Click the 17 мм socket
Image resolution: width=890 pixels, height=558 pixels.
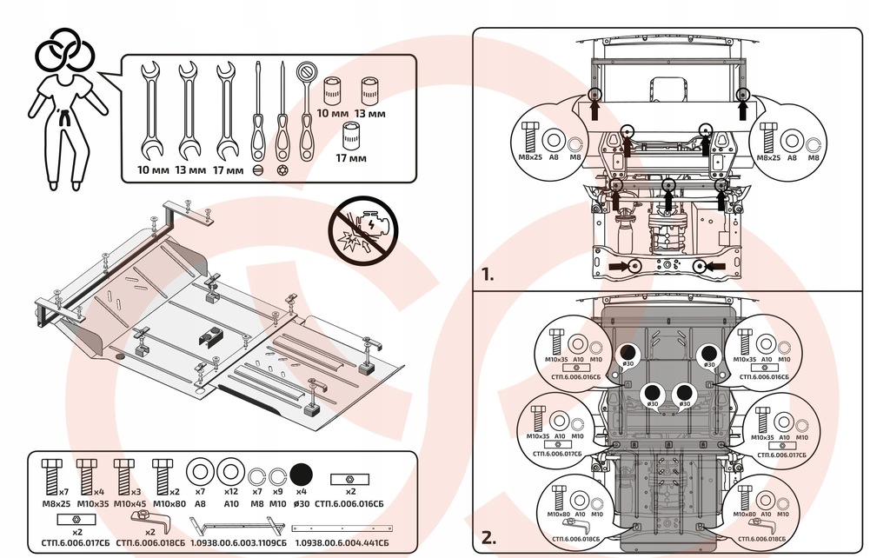coord(351,136)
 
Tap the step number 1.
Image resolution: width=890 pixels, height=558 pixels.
coord(488,276)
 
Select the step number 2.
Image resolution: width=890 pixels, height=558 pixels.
coord(488,535)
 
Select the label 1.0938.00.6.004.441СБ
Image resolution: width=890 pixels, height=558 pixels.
coord(342,542)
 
